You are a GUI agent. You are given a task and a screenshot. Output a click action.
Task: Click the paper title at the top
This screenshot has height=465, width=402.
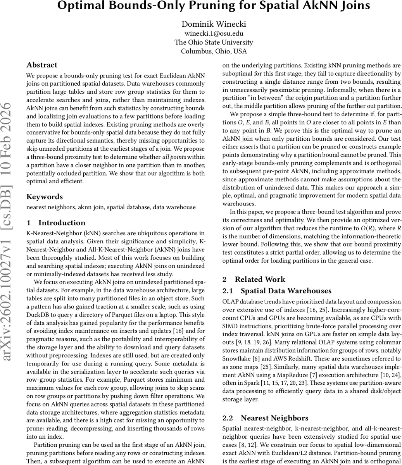click(x=214, y=6)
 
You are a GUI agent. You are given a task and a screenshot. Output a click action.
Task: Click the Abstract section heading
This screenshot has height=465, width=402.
click(x=42, y=65)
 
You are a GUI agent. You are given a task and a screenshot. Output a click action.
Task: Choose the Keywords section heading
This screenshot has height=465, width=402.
click(x=45, y=196)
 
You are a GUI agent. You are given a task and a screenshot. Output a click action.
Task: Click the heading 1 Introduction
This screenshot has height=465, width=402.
click(x=56, y=223)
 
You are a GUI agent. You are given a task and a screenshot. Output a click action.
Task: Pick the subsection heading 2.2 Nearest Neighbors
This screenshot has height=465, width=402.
click(x=266, y=418)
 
